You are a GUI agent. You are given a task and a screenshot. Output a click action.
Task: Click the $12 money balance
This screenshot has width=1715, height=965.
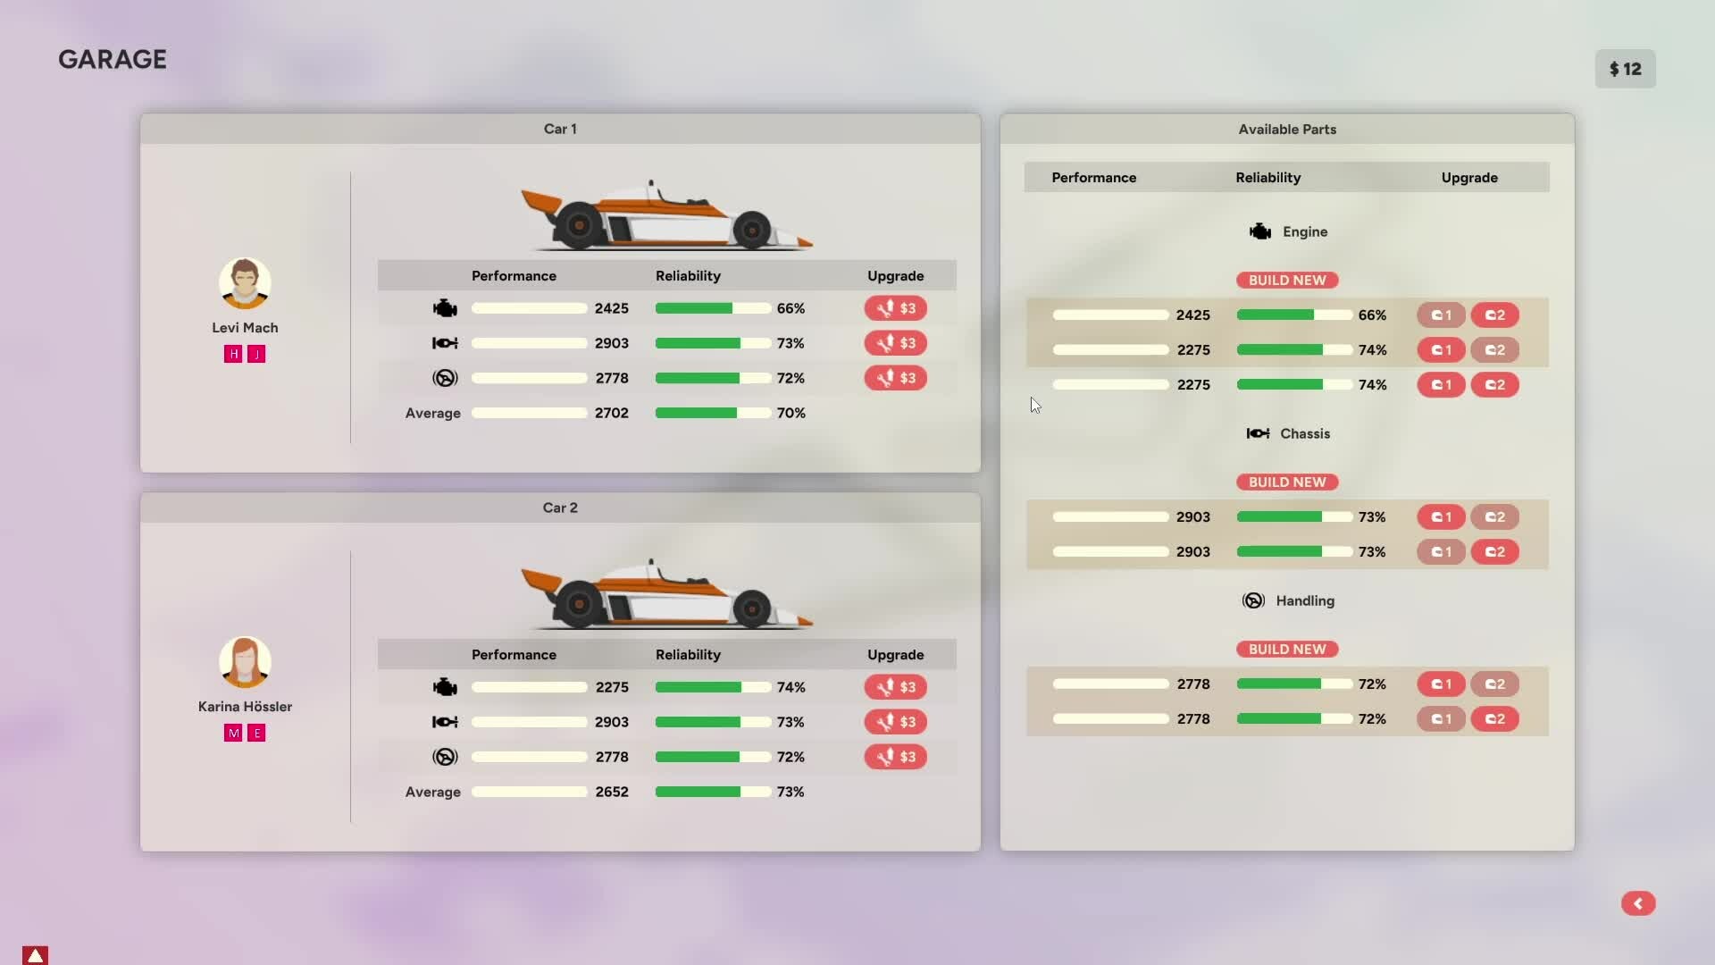coord(1625,69)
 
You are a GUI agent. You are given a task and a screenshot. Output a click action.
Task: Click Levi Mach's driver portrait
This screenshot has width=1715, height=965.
coord(245,283)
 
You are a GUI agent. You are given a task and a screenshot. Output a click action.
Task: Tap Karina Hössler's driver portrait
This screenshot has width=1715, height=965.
coord(245,662)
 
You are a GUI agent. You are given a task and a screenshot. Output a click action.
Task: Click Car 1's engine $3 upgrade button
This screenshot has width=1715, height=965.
coord(895,308)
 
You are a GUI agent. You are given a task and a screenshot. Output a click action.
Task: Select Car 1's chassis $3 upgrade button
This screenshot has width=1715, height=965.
coord(895,343)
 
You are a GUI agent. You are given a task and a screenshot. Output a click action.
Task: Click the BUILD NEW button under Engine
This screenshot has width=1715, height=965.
coord(1287,280)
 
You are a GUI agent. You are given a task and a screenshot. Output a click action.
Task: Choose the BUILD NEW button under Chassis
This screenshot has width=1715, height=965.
coord(1287,482)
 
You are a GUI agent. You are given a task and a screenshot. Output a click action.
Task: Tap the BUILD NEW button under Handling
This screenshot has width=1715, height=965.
coord(1287,649)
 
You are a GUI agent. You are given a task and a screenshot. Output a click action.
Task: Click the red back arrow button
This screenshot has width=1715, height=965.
coord(1638,903)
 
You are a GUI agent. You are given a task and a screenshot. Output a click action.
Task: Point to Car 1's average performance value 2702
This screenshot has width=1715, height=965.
coord(612,413)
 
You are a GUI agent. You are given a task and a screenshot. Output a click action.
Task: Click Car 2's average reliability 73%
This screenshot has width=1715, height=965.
coord(791,792)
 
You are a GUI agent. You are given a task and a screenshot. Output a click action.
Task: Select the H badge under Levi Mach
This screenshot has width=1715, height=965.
coord(233,354)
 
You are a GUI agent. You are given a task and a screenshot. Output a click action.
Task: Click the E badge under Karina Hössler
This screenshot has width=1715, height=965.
coord(256,733)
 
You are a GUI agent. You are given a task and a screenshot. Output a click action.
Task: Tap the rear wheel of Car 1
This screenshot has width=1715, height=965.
coord(578,224)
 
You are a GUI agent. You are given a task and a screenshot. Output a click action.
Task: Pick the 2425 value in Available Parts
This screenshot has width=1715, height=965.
coord(1193,315)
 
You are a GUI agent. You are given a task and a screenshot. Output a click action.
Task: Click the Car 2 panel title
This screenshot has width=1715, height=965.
coord(560,508)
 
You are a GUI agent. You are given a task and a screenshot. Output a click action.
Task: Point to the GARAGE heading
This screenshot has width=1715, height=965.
coord(113,59)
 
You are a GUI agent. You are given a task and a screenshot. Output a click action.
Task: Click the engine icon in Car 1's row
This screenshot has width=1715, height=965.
coord(445,308)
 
